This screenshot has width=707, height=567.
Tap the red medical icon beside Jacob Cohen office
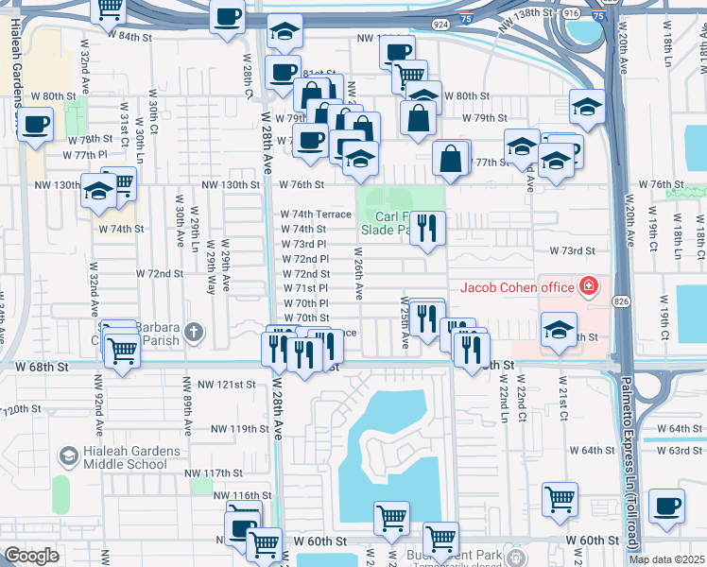[589, 285]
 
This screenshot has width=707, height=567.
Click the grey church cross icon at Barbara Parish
[193, 331]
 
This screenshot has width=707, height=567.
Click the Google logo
[31, 556]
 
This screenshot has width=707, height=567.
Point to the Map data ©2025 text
[666, 559]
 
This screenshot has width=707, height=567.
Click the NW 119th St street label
[239, 428]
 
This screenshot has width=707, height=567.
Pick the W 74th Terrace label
[316, 215]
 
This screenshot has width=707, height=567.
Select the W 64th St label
[673, 428]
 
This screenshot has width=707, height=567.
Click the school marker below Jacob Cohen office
[559, 331]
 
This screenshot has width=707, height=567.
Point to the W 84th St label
[129, 36]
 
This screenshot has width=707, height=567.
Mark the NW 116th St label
[242, 495]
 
